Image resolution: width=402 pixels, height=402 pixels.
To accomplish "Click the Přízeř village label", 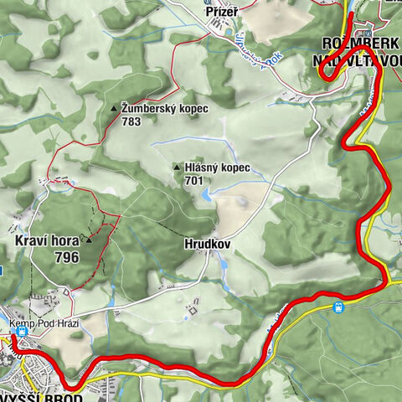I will pos(221,12).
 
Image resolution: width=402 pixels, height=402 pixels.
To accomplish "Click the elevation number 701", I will pos(194,180).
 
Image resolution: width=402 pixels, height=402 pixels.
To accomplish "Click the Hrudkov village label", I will pos(204,245).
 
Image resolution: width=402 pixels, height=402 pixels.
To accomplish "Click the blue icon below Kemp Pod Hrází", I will pos(21,332).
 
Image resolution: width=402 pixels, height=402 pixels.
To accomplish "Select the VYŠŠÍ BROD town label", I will pos(41,394).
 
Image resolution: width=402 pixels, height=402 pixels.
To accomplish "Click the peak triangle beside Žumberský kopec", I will pos(114,109).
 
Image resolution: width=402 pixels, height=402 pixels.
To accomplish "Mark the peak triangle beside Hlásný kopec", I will pos(176,167).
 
